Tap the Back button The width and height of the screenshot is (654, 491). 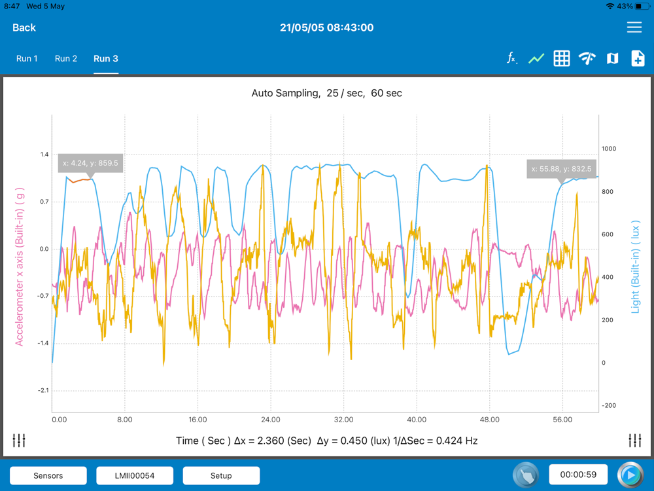[x=24, y=27]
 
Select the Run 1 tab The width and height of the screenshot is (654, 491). [x=27, y=58]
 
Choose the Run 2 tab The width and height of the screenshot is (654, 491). [x=66, y=58]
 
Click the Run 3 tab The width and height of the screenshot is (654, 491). [x=106, y=58]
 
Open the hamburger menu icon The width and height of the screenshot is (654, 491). [x=634, y=27]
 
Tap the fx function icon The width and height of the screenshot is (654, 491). [x=512, y=58]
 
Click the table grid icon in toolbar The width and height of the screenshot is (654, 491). [x=561, y=58]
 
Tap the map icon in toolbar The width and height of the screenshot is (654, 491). [x=612, y=58]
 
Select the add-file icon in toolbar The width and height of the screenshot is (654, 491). [x=638, y=58]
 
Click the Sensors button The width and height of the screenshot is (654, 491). [x=48, y=475]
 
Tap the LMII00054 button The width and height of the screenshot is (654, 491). [x=135, y=475]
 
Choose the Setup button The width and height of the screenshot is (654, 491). [x=221, y=475]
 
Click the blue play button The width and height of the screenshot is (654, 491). [x=630, y=475]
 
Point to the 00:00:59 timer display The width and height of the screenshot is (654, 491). [x=578, y=475]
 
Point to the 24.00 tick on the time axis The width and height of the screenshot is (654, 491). [x=270, y=420]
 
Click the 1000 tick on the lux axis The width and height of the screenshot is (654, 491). [x=609, y=149]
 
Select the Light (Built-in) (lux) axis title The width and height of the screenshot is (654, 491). [x=636, y=266]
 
